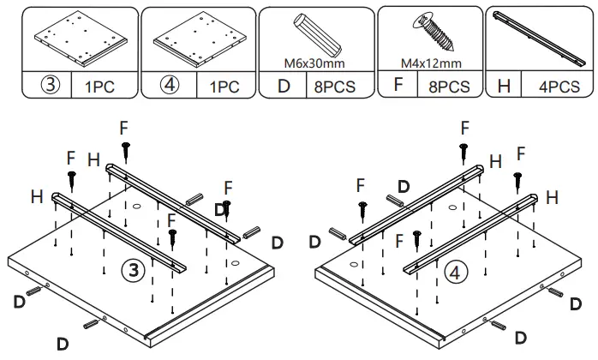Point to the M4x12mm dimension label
click(x=431, y=63)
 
